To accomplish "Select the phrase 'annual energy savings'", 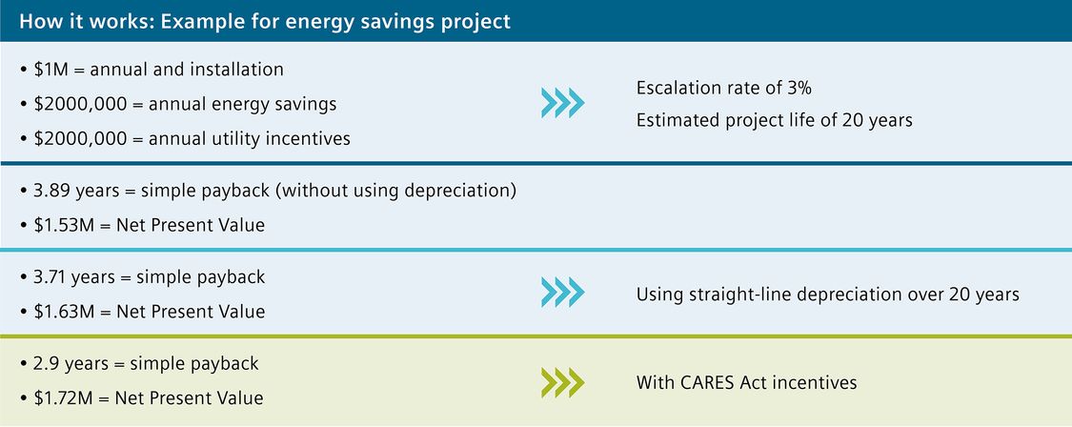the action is (x=242, y=105).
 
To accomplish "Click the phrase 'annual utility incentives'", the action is (x=249, y=139).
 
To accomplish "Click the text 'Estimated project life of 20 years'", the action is (x=775, y=121).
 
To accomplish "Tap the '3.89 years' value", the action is (x=76, y=191).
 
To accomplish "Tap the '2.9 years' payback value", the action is (x=68, y=363).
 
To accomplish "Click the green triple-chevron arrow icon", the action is (x=562, y=382).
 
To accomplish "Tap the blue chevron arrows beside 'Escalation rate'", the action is (x=562, y=103).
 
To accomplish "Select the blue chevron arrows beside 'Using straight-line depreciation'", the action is (x=562, y=293).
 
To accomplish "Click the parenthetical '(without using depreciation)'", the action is (x=396, y=191).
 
